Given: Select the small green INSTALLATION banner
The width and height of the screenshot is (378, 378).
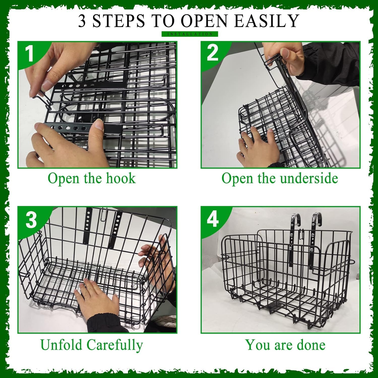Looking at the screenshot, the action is tap(190, 34).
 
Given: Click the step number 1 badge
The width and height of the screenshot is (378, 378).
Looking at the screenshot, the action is tap(30, 53).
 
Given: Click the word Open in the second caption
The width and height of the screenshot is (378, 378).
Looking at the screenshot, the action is tap(237, 179).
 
